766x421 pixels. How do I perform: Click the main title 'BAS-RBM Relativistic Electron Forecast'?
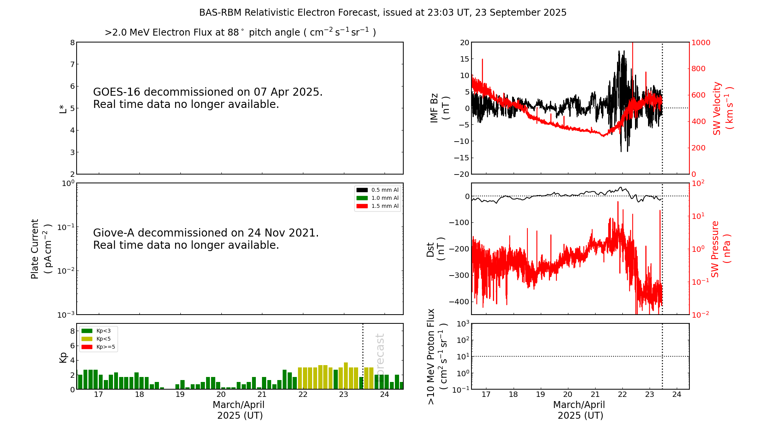tap(382, 13)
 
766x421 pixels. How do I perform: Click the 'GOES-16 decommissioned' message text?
tap(208, 98)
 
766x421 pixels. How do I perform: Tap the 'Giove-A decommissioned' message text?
tap(206, 239)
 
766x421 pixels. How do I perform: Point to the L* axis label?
tap(63, 108)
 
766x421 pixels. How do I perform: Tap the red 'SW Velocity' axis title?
tap(722, 108)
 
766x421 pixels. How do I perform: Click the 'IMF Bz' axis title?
tap(440, 108)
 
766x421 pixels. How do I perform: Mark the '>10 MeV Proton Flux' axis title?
tap(437, 356)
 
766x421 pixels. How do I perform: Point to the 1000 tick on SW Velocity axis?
tap(701, 42)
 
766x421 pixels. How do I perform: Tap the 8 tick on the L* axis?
tap(72, 42)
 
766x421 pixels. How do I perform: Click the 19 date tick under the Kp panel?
tap(180, 395)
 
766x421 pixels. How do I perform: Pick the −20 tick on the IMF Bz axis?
tap(462, 174)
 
